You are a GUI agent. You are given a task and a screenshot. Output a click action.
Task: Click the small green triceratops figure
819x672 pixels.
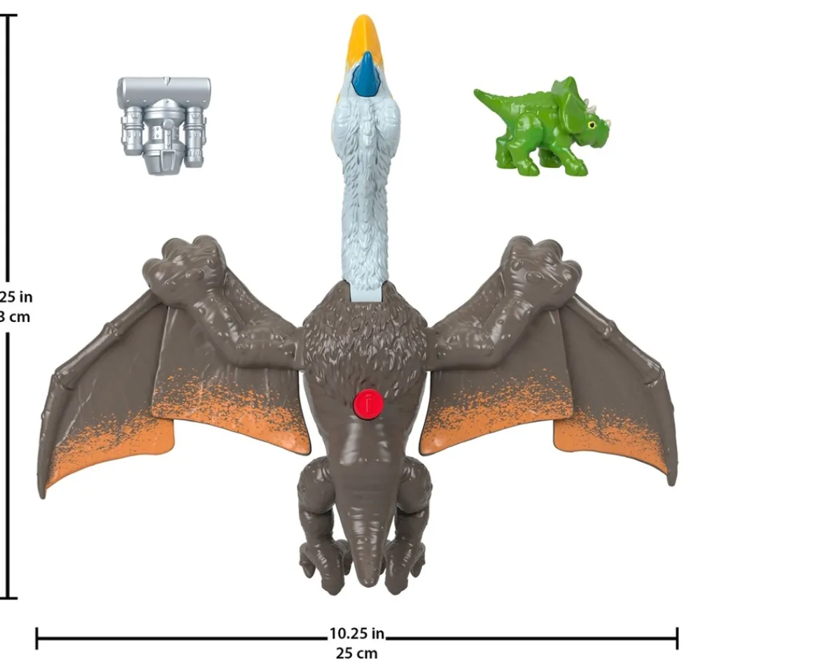pyautogui.click(x=542, y=126)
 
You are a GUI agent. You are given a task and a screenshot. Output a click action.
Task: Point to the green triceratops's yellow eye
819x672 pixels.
pyautogui.click(x=592, y=125)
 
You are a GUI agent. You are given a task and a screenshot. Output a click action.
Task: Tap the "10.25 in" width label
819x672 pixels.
pyautogui.click(x=357, y=634)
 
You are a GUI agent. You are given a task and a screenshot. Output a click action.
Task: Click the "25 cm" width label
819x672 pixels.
pyautogui.click(x=357, y=653)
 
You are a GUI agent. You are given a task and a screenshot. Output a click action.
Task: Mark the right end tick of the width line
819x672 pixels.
pyautogui.click(x=677, y=638)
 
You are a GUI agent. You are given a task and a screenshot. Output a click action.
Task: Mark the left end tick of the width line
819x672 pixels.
pyautogui.click(x=36, y=638)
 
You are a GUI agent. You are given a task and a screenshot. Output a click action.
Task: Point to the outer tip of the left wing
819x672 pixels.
pyautogui.click(x=44, y=490)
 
